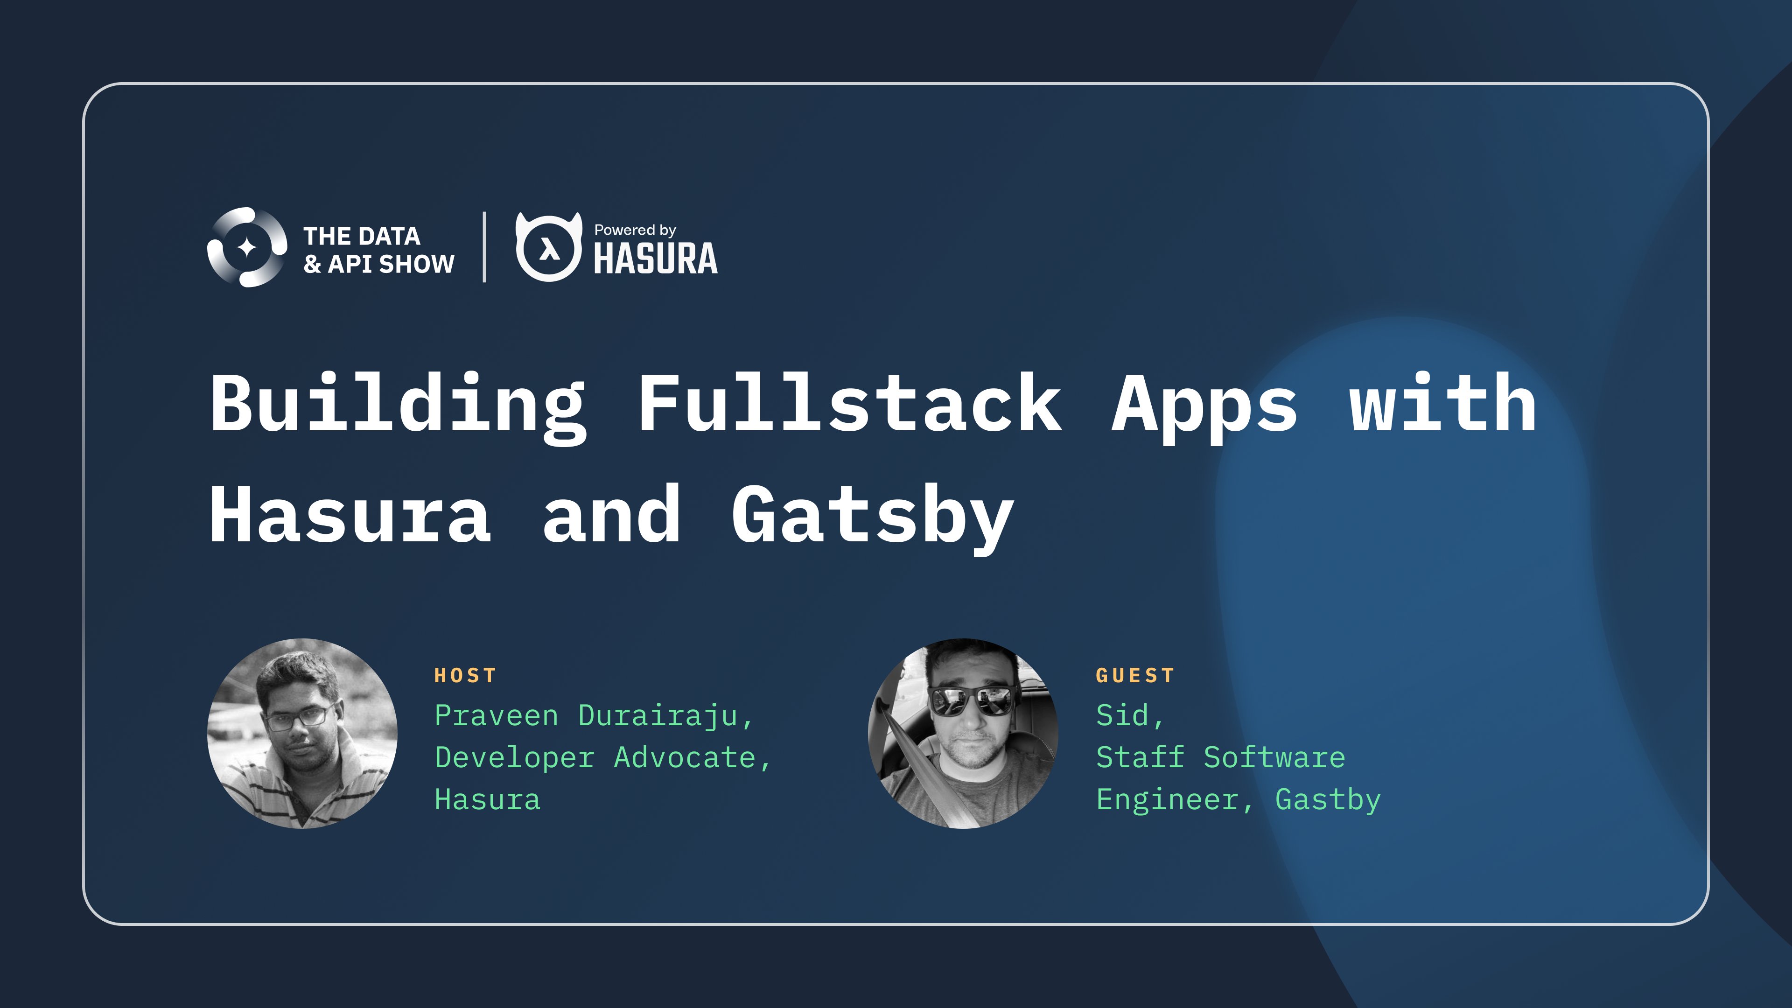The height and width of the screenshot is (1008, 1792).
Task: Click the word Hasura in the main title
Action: [x=350, y=515]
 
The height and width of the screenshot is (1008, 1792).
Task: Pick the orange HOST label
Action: [x=465, y=675]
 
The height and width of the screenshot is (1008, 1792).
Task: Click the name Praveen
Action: [x=497, y=716]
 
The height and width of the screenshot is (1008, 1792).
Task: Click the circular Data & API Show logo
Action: [x=247, y=247]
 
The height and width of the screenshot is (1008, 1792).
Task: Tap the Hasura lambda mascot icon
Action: [x=549, y=247]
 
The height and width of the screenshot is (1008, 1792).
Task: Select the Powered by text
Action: [x=635, y=230]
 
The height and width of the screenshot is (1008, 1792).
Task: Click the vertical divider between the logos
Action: [x=485, y=247]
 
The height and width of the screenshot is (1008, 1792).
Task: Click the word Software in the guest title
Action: [x=1274, y=757]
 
